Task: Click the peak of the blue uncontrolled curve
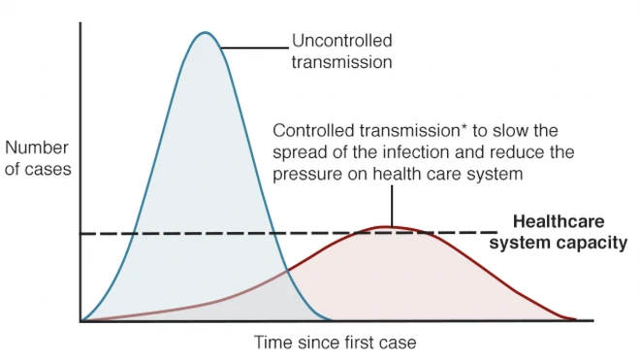[x=204, y=33]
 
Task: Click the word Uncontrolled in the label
[x=342, y=42]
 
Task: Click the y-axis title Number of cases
[x=38, y=159]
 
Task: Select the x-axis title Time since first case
[x=334, y=343]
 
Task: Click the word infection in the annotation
[x=448, y=153]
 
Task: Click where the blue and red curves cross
[x=288, y=274]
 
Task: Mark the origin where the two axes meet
[x=80, y=321]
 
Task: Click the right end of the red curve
[x=576, y=319]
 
